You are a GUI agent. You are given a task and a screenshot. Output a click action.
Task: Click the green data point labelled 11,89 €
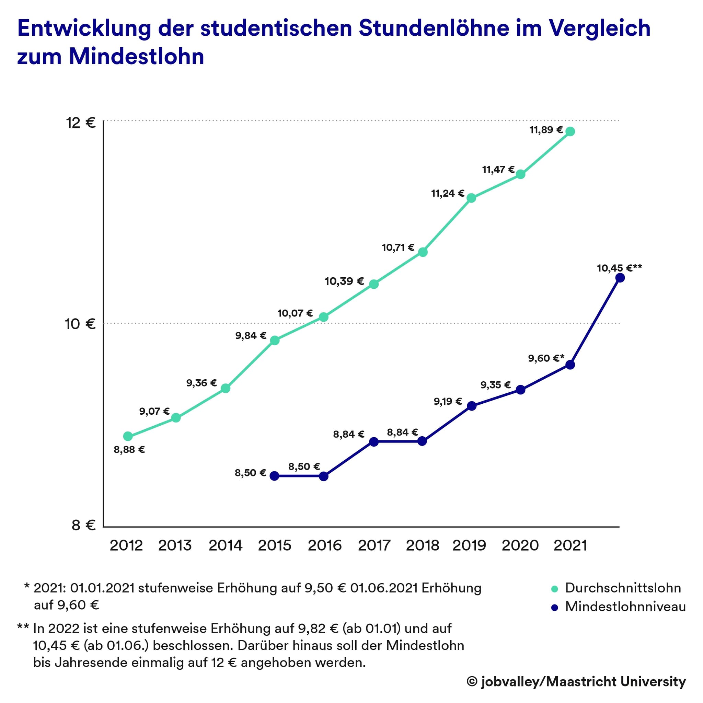tap(570, 131)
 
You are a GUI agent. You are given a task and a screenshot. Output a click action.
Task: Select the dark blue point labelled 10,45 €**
tap(620, 278)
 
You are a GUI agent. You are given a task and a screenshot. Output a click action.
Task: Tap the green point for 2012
tap(128, 436)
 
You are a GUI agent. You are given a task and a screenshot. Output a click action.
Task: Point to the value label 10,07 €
tap(295, 313)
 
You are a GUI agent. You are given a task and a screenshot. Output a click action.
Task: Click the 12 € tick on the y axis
tap(81, 123)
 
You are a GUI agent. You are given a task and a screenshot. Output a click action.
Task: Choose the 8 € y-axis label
tap(83, 525)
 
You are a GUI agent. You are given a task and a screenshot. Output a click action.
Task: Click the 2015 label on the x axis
tap(275, 545)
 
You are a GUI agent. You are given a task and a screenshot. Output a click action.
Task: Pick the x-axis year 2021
tap(570, 545)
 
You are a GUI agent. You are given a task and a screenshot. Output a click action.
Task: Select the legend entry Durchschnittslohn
tap(623, 588)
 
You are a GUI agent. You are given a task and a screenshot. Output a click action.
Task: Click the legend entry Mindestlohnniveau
tap(625, 607)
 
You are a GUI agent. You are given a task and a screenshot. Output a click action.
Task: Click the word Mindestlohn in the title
tap(137, 57)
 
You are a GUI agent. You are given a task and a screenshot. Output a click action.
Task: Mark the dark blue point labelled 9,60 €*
tap(570, 365)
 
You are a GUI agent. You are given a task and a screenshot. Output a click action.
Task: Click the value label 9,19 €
tap(448, 401)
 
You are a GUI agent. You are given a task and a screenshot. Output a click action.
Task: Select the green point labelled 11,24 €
tap(471, 198)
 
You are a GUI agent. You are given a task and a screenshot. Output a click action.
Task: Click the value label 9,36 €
tap(201, 383)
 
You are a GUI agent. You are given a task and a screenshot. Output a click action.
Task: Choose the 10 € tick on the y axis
tap(80, 324)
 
